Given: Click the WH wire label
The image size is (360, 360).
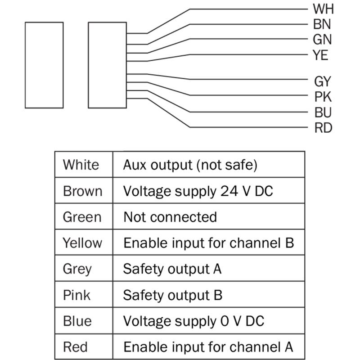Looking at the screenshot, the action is tap(323, 9).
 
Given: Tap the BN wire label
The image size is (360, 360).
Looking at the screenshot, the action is tap(322, 24).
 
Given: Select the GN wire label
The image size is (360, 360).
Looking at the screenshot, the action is tap(322, 40).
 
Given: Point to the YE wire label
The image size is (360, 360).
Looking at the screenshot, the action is tap(320, 55).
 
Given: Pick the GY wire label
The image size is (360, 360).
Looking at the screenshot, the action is tap(323, 81).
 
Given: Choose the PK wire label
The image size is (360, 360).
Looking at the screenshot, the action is tap(323, 97).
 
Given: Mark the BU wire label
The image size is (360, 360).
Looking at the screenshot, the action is tap(323, 112).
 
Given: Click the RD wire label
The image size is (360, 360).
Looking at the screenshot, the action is tap(323, 128).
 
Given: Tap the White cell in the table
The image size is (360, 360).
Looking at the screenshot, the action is tap(84, 164).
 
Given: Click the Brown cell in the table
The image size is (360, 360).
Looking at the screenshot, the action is tap(84, 190).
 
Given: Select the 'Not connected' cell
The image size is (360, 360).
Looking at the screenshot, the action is tap(209, 216).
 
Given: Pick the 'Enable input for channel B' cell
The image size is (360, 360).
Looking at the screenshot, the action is tap(209, 242).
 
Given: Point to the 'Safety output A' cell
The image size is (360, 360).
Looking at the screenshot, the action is tap(209, 268).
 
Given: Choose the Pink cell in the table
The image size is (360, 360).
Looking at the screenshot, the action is tap(84, 294).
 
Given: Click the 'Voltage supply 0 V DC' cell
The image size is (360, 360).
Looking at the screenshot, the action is tap(209, 320).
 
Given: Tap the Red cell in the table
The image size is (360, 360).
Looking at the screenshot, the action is tap(84, 346).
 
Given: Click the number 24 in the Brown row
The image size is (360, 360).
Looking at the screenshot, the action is tap(229, 191).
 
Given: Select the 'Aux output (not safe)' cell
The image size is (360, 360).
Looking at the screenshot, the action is tap(209, 164).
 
